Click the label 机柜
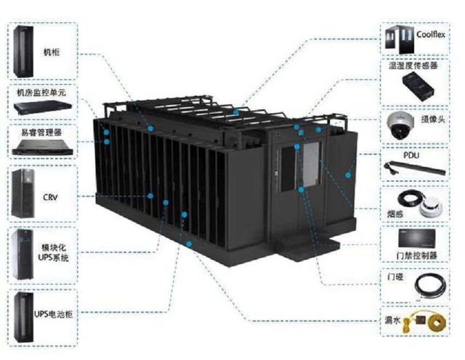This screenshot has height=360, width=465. click(51, 53)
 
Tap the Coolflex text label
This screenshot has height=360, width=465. click(431, 34)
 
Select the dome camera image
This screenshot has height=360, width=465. click(400, 125)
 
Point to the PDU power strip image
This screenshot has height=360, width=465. click(415, 168)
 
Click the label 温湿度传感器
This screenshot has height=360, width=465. click(414, 66)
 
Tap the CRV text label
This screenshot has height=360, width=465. click(50, 197)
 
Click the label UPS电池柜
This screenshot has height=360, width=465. click(53, 314)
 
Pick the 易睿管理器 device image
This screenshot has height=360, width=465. click(42, 148)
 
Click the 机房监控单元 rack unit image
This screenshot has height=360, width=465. click(43, 108)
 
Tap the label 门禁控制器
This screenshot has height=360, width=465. click(417, 256)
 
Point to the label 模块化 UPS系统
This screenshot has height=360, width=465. click(54, 253)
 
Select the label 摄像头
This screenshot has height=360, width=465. click(433, 119)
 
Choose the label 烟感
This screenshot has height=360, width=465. click(395, 213)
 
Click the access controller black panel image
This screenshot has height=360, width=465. click(417, 238)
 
